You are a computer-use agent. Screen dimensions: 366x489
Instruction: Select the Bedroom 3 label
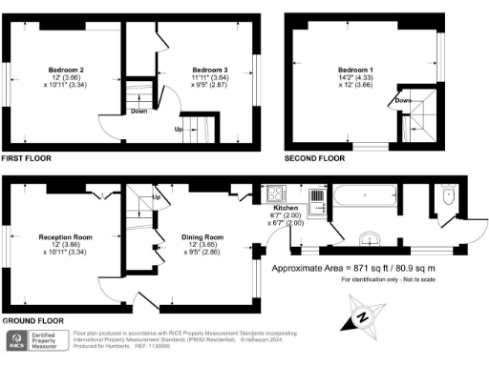point(207,70)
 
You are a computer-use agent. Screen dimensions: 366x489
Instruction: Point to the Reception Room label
point(66,234)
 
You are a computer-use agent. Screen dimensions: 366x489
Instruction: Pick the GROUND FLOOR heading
point(31,321)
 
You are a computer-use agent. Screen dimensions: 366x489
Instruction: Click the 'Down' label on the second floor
point(404,99)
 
